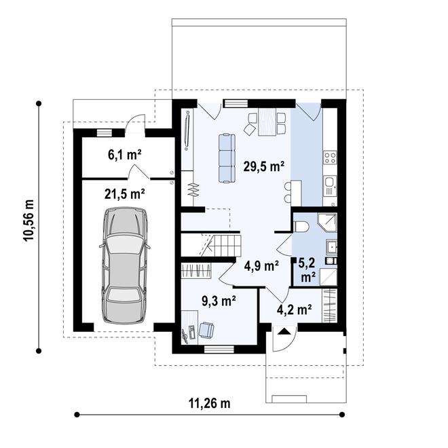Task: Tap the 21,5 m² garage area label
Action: point(125,193)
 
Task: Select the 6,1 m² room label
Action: point(125,154)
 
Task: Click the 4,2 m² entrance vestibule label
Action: point(294,310)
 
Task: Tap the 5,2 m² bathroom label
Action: point(307,269)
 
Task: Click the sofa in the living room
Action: point(227,157)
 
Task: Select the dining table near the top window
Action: point(267,123)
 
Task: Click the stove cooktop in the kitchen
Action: point(330,158)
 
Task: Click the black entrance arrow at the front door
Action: point(284,332)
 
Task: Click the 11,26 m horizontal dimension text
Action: point(209,403)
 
